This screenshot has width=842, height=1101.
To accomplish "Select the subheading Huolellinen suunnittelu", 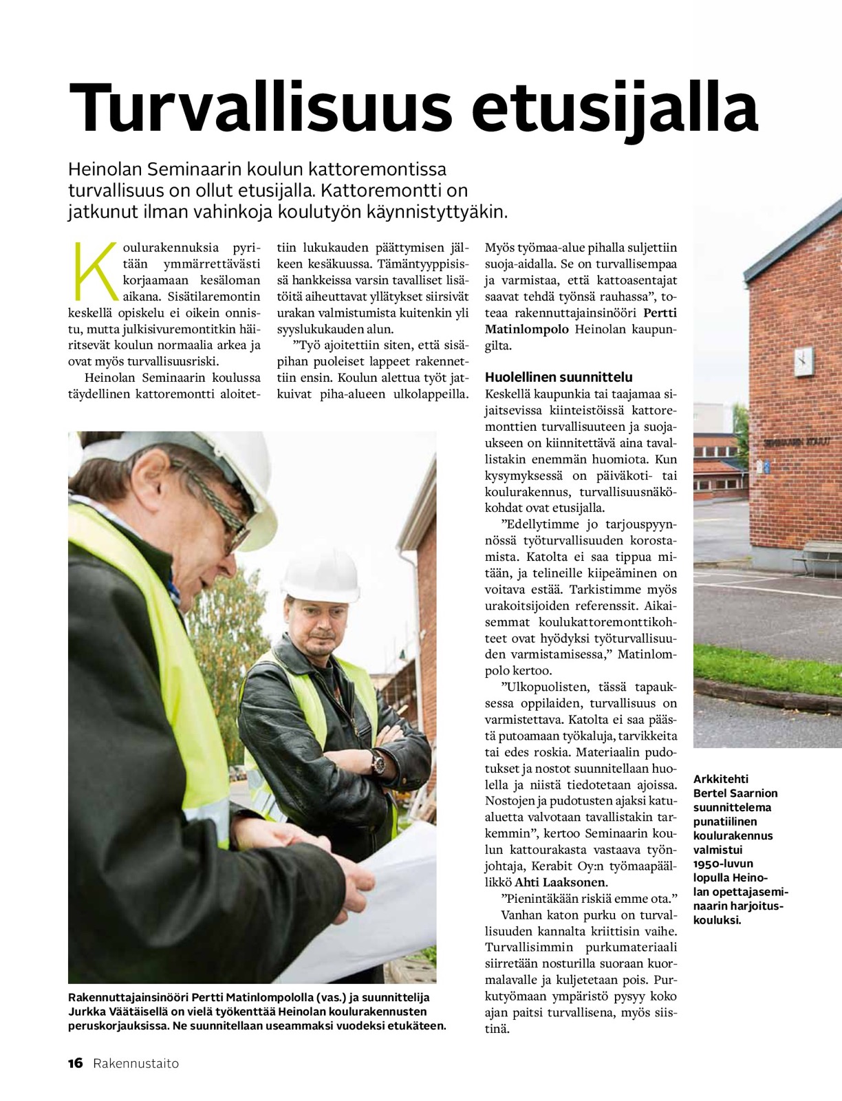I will [559, 377].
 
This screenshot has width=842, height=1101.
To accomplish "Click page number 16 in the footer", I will [75, 1063].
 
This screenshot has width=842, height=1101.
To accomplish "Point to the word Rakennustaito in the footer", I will [136, 1063].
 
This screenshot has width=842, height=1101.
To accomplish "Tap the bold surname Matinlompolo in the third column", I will [527, 329].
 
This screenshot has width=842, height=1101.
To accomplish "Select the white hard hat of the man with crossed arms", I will [321, 575].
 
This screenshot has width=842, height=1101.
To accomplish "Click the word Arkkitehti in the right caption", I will [721, 780].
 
